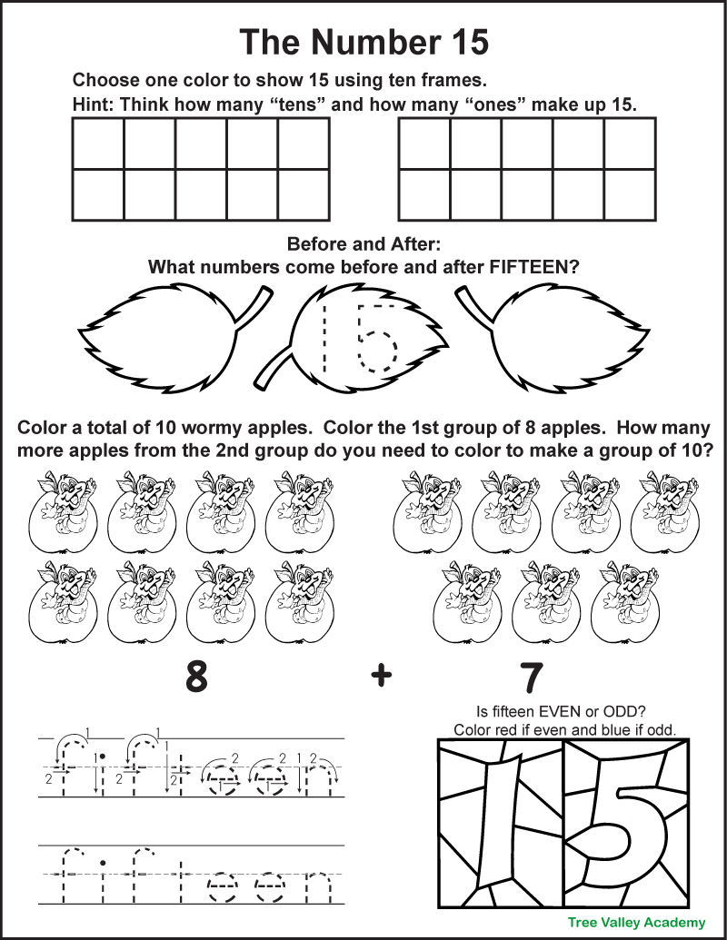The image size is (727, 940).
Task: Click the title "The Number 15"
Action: (363, 42)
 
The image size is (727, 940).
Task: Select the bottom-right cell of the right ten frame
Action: (630, 194)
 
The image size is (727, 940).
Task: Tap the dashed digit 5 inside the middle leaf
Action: (376, 340)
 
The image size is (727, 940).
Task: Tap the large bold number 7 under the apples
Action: (532, 677)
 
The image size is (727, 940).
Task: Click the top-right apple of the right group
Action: (658, 512)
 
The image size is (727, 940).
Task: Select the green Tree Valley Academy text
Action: (636, 921)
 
